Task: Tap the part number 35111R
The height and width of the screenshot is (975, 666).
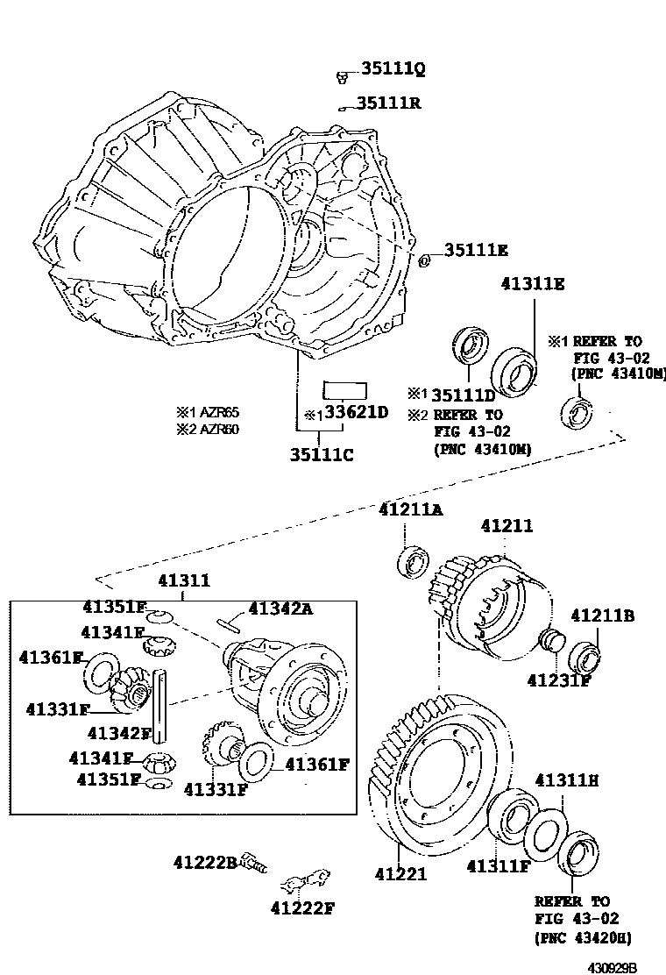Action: [x=388, y=103]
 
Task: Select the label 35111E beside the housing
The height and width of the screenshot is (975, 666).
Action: [x=476, y=251]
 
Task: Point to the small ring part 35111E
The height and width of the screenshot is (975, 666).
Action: [x=425, y=260]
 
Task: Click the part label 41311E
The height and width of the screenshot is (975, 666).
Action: [x=533, y=284]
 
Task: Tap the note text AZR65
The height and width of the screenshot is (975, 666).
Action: [x=215, y=412]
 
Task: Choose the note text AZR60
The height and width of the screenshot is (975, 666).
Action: [x=215, y=429]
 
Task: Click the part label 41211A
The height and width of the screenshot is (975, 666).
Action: [x=411, y=509]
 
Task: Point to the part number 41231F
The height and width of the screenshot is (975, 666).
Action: [x=559, y=679]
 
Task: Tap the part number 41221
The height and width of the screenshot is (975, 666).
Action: [x=400, y=873]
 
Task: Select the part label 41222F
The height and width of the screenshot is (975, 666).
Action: [x=302, y=907]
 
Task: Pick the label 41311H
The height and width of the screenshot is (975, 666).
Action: [x=566, y=779]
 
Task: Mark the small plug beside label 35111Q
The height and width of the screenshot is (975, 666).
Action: [x=340, y=79]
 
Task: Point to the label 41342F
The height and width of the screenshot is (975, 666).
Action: [x=120, y=732]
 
